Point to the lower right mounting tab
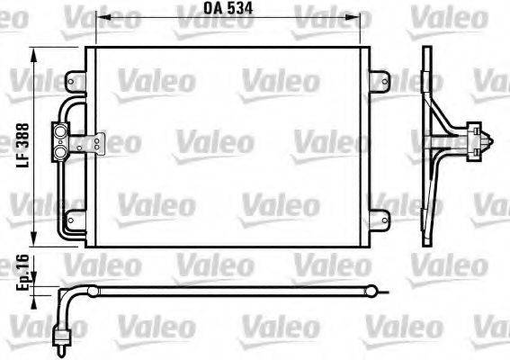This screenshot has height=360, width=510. tap(381, 217)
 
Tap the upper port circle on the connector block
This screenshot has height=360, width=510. tap(63, 133)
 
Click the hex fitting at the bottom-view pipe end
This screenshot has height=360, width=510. tap(64, 338)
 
